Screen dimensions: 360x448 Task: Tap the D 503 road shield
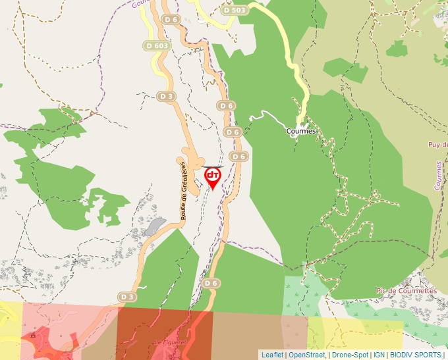point(235,10)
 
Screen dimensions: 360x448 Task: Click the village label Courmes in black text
point(302,131)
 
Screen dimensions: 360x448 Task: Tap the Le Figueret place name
point(171,342)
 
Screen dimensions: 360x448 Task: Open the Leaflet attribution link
point(272,355)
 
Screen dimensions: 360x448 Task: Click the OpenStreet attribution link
point(307,355)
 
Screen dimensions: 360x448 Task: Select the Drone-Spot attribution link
point(350,355)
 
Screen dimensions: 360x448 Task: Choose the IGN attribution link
point(379,355)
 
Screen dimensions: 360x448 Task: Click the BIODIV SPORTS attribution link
point(416,355)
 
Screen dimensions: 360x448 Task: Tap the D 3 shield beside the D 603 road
point(167,96)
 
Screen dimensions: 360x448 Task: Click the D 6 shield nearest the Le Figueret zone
point(210,283)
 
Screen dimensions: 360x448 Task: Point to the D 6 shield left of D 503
point(171,20)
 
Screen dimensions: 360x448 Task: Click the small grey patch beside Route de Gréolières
point(154,226)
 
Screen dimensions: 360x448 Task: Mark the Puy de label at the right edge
point(437,145)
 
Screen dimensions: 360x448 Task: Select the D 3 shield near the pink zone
point(128,297)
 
